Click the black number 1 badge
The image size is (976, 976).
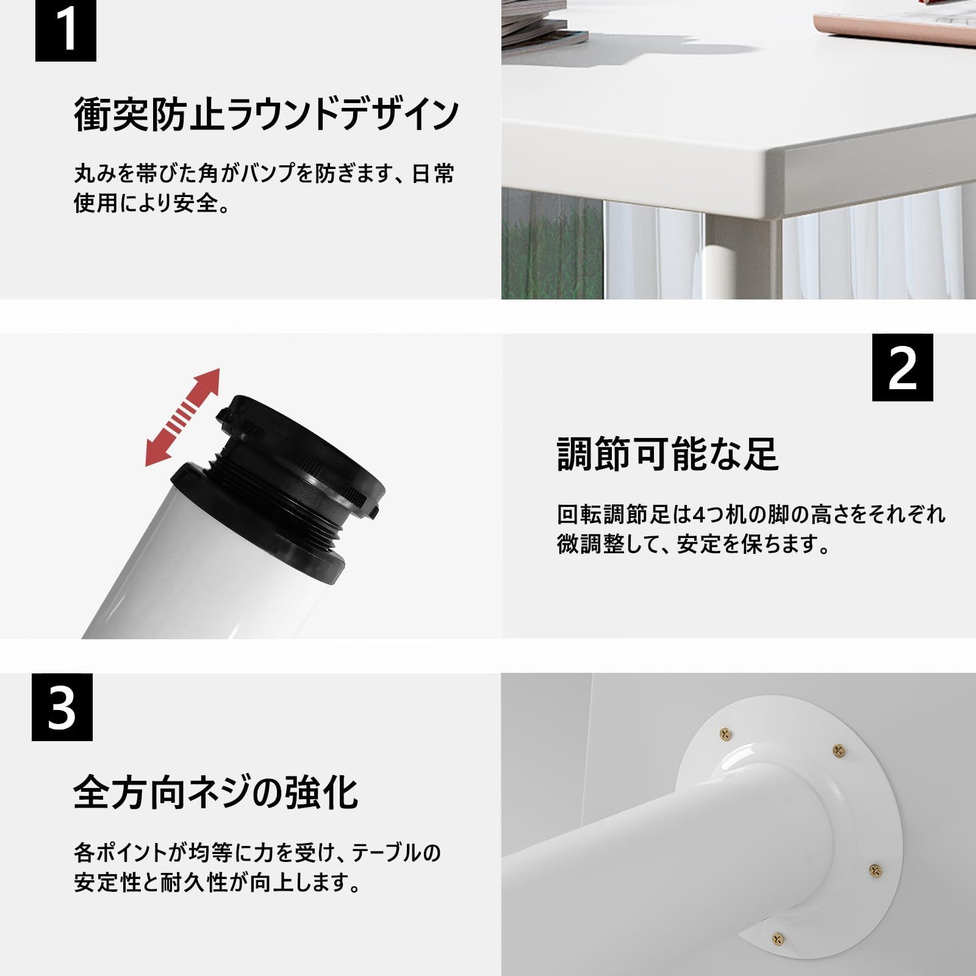point(65,30)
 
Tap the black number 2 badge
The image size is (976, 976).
point(902,367)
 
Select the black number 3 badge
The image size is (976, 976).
point(62,707)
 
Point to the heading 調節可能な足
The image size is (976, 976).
point(668,454)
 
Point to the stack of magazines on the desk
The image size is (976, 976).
point(543,24)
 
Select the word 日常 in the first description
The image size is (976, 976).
point(433,174)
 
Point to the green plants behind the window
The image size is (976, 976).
point(549,250)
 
